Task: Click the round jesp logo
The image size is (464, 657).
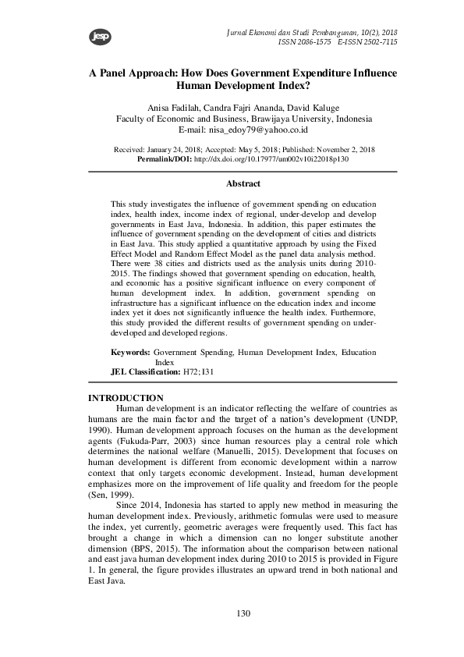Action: pos(78,36)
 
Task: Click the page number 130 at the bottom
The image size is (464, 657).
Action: pos(243,614)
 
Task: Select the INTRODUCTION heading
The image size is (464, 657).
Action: pos(126,399)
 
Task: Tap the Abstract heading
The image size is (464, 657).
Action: pos(243,184)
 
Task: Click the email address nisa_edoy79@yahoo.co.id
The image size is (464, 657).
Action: pos(264,130)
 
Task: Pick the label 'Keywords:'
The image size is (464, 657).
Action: pos(129,353)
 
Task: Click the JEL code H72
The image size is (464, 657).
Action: pos(190,372)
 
